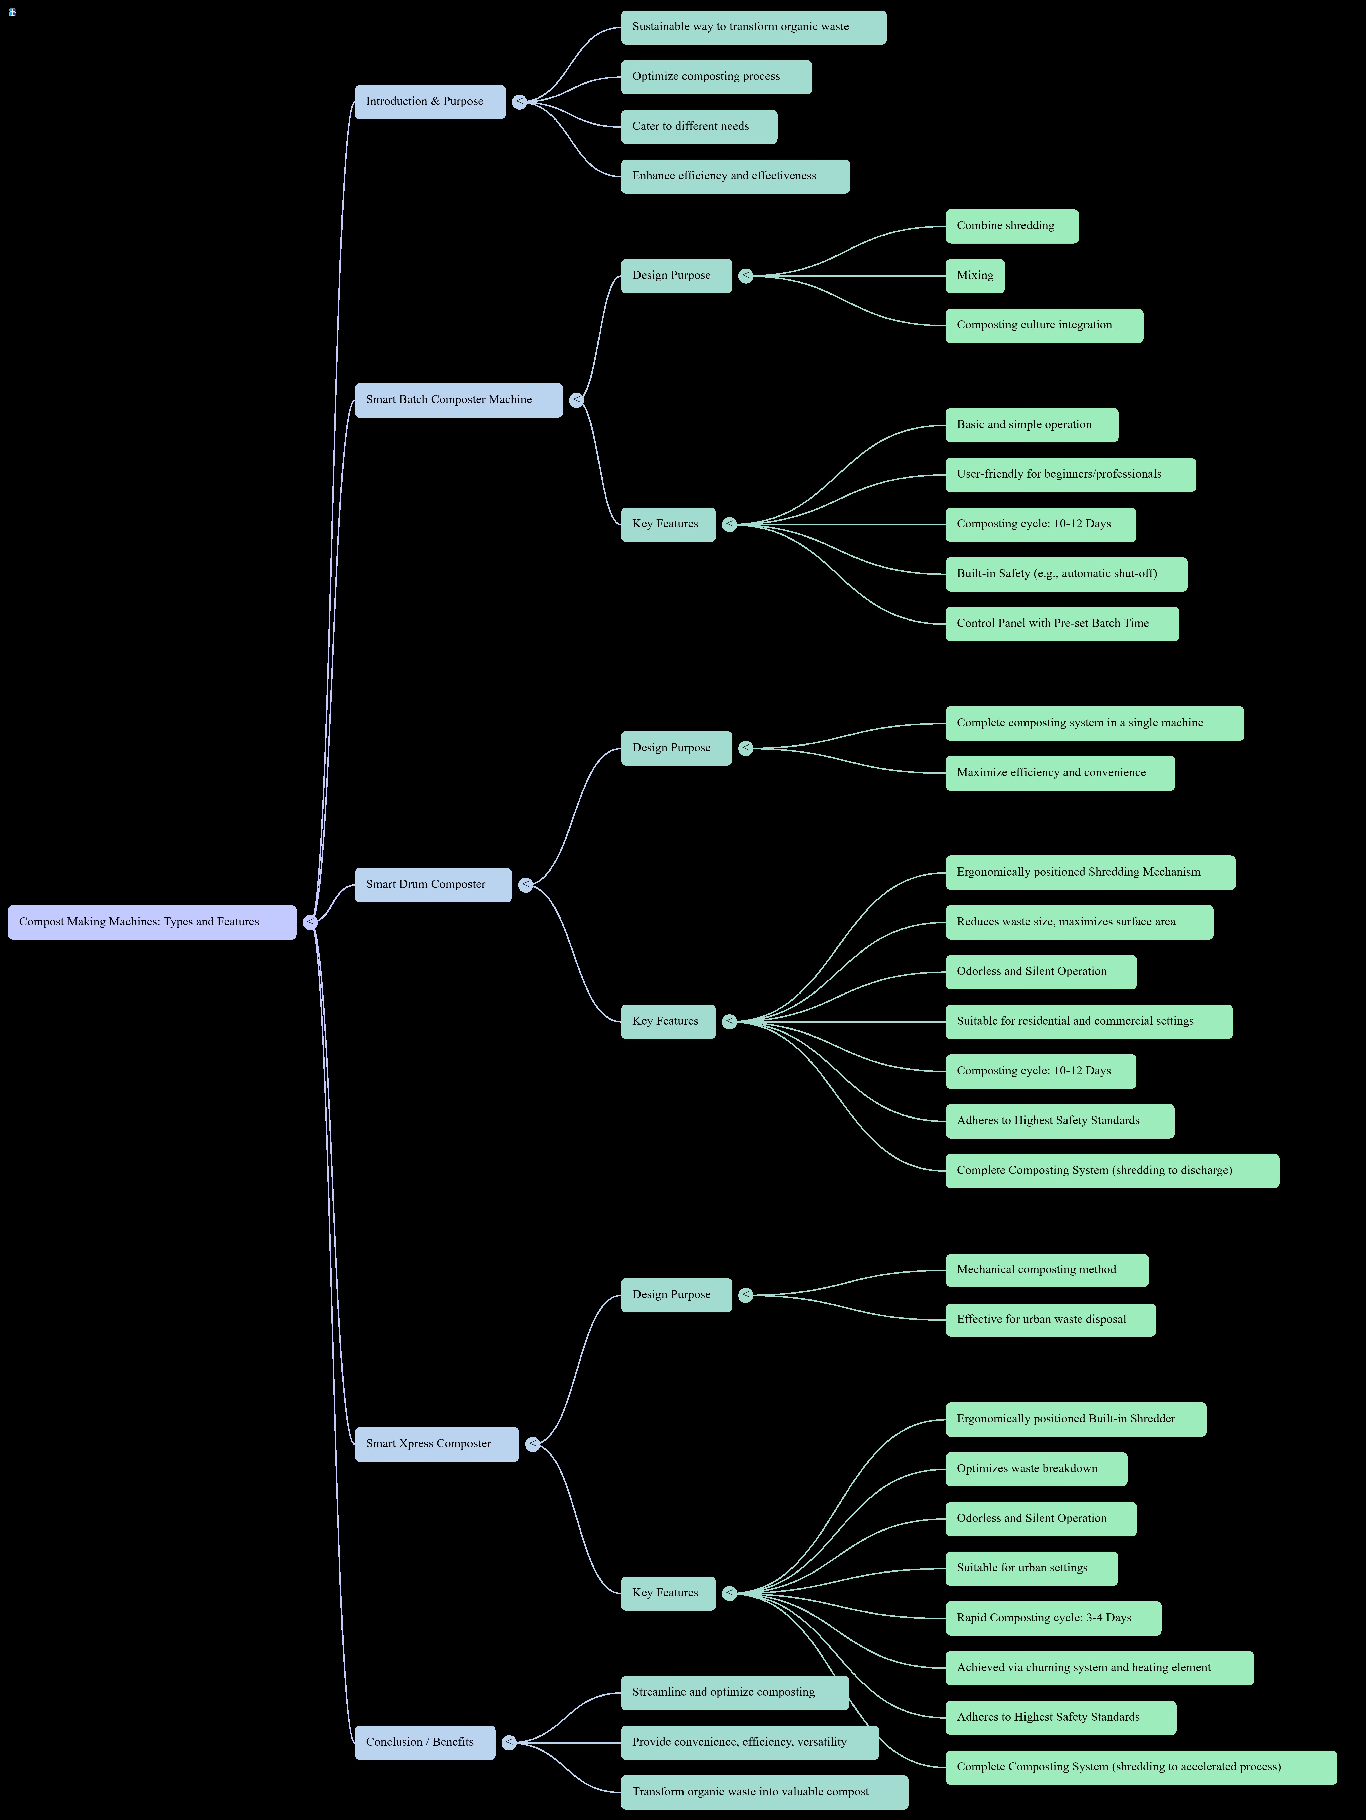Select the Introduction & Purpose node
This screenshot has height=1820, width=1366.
429,101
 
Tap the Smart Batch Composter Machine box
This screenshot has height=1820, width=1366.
458,400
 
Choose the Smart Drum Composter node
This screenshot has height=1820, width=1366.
433,885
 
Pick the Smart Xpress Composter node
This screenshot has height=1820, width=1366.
436,1444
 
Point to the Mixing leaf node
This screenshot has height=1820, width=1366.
974,276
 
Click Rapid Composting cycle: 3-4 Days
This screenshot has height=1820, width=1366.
1053,1618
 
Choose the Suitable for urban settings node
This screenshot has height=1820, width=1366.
1031,1568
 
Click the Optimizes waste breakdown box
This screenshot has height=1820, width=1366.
1035,1469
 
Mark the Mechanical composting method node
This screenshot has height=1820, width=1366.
1046,1270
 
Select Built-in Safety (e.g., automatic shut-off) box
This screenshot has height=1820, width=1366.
1066,573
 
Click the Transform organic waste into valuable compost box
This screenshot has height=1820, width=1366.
764,1792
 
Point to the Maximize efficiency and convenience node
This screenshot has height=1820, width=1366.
1059,773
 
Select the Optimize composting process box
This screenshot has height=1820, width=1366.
715,76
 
